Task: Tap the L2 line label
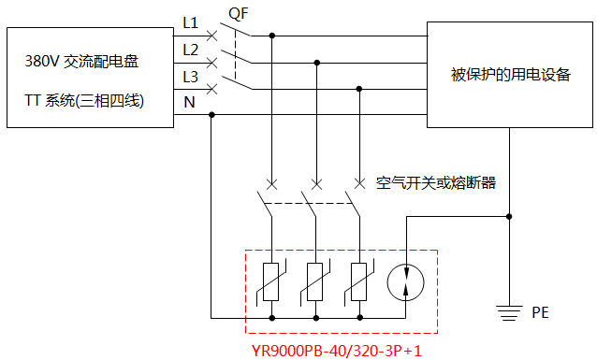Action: pos(191,50)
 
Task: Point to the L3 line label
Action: pos(191,76)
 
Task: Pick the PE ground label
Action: pos(541,311)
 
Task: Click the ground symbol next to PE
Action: pos(508,310)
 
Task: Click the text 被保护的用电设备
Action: pos(510,75)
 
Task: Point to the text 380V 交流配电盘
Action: pos(82,64)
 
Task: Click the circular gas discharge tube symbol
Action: pos(406,281)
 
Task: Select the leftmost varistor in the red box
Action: pos(271,281)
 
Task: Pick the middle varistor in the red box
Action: pos(316,281)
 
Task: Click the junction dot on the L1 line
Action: pos(272,36)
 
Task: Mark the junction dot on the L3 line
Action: pos(359,88)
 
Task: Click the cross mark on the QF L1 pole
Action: pos(213,36)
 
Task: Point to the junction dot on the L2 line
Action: pos(316,63)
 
